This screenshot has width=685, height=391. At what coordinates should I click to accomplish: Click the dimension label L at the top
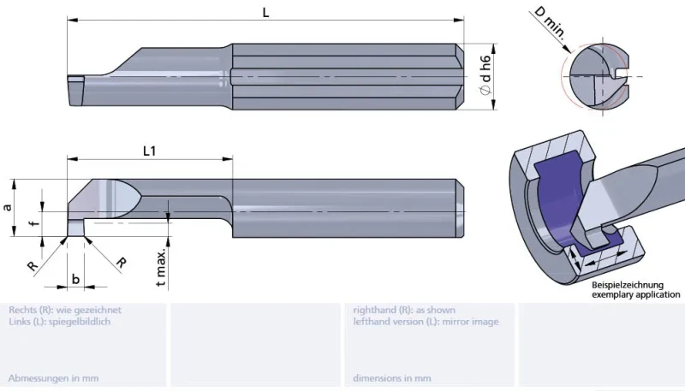pyautogui.click(x=265, y=12)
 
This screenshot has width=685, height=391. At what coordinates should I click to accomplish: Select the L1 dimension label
pyautogui.click(x=149, y=151)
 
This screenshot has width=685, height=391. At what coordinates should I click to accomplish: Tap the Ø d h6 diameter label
pyautogui.click(x=485, y=75)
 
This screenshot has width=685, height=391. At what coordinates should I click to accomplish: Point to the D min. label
pyautogui.click(x=551, y=24)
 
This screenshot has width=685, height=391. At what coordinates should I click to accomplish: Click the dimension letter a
pyautogui.click(x=8, y=207)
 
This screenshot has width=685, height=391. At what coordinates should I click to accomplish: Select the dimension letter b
pyautogui.click(x=75, y=279)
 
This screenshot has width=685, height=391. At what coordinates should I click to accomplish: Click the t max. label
pyautogui.click(x=161, y=268)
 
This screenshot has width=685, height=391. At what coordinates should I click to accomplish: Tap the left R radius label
pyautogui.click(x=33, y=265)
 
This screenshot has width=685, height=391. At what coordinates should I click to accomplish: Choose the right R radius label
pyautogui.click(x=121, y=263)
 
